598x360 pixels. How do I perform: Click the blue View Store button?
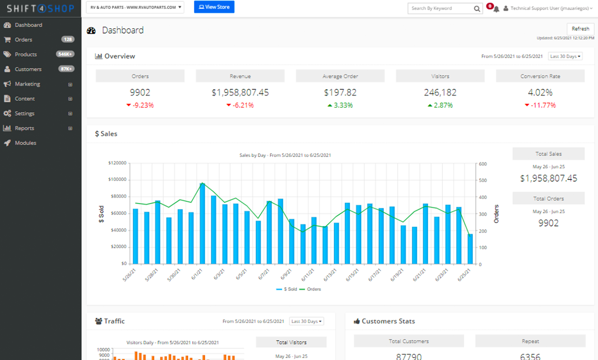click(214, 7)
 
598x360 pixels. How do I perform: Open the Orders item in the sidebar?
click(23, 40)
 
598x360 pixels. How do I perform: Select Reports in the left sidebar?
click(24, 128)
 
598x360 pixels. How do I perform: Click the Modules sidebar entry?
click(25, 143)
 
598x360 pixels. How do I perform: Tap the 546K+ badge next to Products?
click(65, 54)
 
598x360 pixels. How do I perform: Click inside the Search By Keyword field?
click(440, 8)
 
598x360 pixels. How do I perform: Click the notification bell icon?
click(496, 9)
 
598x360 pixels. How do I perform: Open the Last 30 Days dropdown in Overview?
click(565, 56)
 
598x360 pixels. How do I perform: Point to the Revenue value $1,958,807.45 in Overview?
click(240, 93)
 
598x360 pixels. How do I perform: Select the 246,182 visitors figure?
click(440, 93)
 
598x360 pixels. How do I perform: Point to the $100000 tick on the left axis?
click(117, 179)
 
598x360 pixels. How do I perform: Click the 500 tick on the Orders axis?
click(483, 181)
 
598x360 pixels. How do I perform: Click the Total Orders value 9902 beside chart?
click(548, 223)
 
